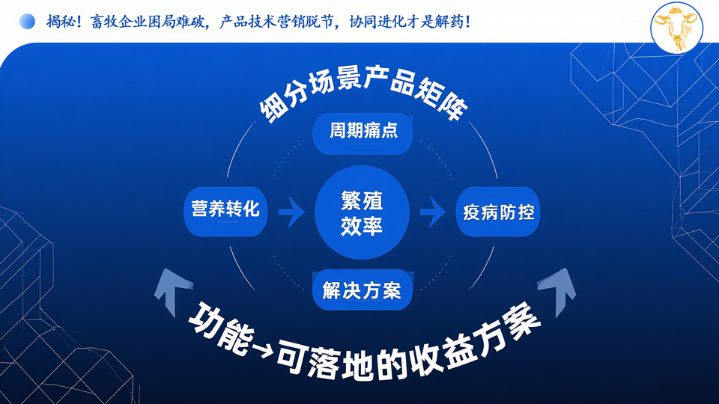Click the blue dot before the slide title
(27, 22)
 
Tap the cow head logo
(677, 28)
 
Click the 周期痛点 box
(362, 133)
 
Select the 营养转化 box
(225, 211)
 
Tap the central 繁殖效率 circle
(362, 212)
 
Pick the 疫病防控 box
(498, 211)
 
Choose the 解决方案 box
(362, 290)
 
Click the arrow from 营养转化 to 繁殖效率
(291, 212)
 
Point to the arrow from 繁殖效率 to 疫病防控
(433, 212)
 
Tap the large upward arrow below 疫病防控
(557, 291)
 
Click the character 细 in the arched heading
(273, 108)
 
